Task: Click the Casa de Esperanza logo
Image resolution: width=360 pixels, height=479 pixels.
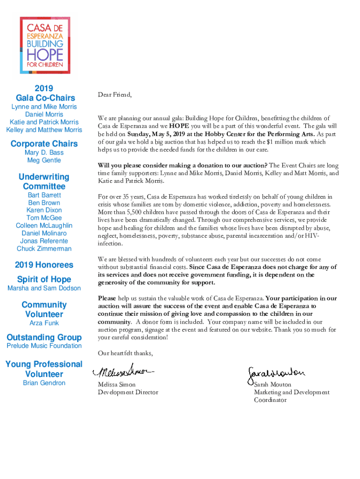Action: pos(44,45)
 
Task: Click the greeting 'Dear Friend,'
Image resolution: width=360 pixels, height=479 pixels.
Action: pos(115,95)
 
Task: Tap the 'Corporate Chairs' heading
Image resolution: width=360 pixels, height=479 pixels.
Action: pos(44,143)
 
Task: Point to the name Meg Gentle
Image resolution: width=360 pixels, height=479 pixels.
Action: pos(44,160)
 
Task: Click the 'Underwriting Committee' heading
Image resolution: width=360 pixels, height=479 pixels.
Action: pos(44,181)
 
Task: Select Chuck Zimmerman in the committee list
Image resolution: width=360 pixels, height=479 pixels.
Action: pos(44,248)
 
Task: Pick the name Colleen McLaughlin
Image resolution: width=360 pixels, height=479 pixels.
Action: pos(44,225)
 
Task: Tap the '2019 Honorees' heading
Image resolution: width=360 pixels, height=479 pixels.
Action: pos(44,265)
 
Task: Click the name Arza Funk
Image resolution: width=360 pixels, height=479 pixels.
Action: pos(44,323)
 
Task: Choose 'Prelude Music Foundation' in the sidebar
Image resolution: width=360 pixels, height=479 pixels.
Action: pos(44,346)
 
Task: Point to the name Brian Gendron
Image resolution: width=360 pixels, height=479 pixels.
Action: pos(44,383)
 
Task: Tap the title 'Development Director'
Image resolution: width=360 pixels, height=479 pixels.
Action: pos(128,392)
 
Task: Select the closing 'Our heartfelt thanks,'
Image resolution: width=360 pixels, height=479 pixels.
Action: pos(125,353)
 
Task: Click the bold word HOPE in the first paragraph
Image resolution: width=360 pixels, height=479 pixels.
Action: pos(179,126)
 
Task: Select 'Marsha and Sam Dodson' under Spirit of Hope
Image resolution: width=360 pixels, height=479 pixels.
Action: pos(44,288)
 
